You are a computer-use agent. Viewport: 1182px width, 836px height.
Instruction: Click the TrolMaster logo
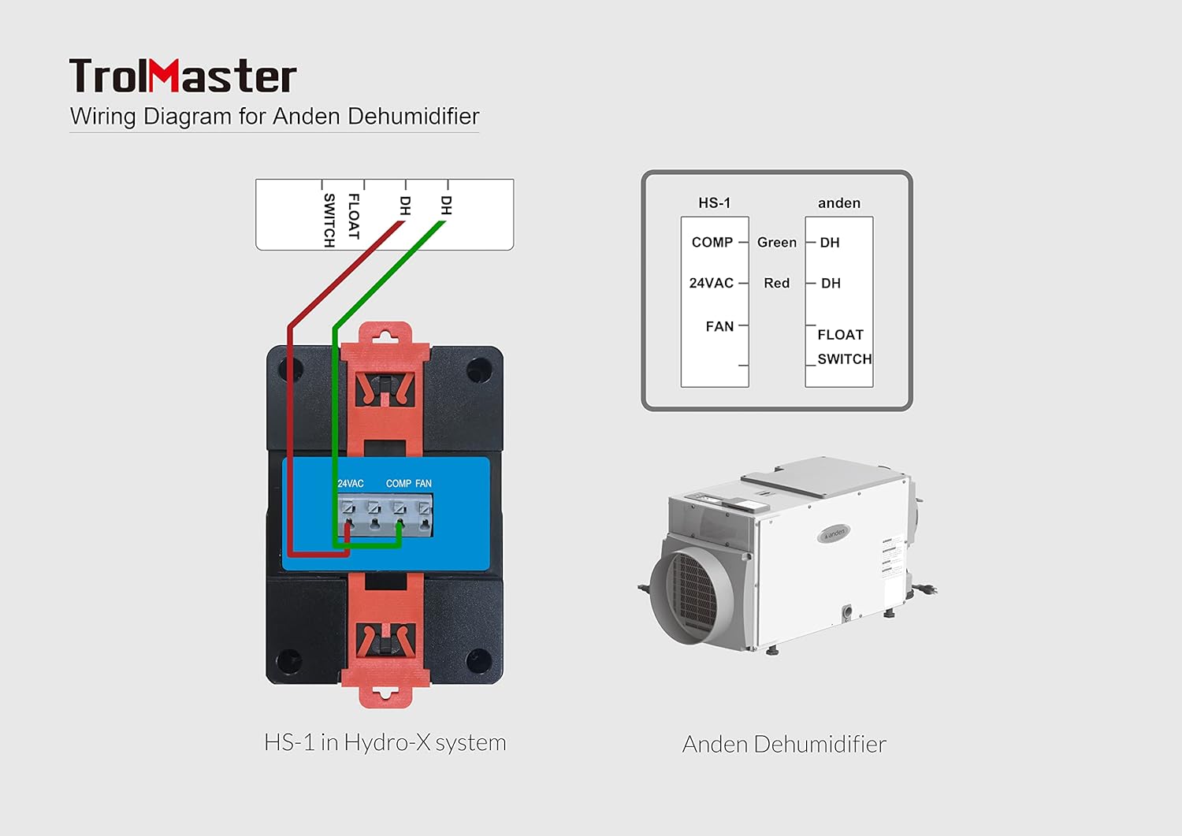[x=183, y=76]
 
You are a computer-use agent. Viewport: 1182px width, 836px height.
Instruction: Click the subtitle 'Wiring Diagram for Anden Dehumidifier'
[x=274, y=117]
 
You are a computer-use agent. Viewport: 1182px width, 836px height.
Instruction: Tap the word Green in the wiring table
[x=777, y=243]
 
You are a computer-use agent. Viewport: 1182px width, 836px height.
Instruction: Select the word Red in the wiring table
[x=776, y=283]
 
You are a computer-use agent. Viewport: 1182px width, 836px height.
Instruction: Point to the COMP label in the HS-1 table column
[x=712, y=243]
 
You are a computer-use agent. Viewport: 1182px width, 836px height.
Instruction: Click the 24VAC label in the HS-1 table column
[x=711, y=283]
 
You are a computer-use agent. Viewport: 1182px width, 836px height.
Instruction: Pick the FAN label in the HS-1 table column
[x=719, y=326]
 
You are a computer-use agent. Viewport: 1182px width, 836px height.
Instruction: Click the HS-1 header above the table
[x=714, y=203]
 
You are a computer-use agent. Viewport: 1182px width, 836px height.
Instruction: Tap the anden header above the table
[x=839, y=203]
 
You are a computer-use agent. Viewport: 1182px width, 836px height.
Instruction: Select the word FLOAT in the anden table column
[x=840, y=335]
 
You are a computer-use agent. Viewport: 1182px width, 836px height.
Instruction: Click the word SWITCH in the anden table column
[x=844, y=359]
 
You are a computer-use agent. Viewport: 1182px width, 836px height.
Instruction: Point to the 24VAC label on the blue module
[x=351, y=484]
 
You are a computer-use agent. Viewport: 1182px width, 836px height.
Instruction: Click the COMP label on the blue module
[x=399, y=484]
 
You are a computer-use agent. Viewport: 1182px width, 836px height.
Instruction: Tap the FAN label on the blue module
[x=424, y=484]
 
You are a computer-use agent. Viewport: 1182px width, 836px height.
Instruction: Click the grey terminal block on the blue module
[x=385, y=515]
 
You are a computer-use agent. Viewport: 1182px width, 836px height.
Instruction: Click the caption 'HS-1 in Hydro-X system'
[x=385, y=743]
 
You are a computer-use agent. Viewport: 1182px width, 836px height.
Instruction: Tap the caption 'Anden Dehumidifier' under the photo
[x=784, y=745]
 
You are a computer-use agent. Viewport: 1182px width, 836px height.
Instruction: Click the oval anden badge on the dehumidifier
[x=834, y=533]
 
